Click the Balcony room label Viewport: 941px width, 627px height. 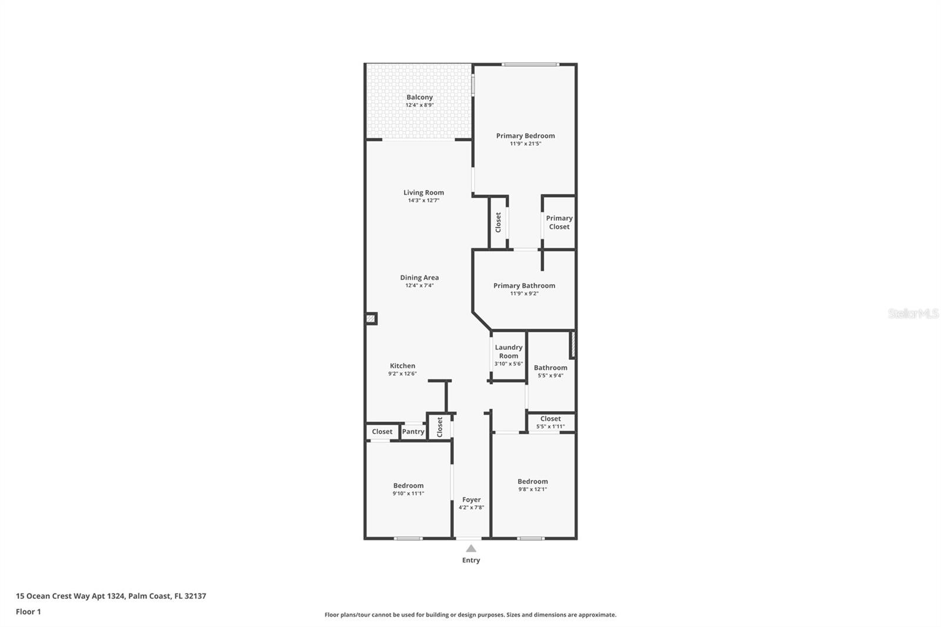(419, 98)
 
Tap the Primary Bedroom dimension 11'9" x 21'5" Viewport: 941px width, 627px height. (525, 144)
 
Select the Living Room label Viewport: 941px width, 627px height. (423, 192)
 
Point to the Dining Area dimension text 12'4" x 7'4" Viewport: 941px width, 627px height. (419, 286)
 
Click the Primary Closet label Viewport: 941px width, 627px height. (559, 222)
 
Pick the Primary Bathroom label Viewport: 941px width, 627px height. (524, 286)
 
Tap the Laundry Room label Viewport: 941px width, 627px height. (508, 351)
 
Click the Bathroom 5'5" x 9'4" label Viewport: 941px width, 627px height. (550, 368)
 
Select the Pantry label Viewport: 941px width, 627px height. (413, 432)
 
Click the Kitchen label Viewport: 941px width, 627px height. (402, 366)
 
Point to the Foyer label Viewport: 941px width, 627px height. (471, 500)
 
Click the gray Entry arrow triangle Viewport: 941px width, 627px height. (471, 548)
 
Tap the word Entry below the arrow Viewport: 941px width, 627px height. (471, 561)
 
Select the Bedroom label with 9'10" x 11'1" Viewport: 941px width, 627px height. (408, 486)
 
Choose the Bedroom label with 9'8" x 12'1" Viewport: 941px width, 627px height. (532, 482)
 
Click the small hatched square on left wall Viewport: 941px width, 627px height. (371, 319)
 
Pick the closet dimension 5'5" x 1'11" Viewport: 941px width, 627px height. (550, 426)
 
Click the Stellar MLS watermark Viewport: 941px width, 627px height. (913, 313)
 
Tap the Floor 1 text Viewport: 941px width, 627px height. (28, 612)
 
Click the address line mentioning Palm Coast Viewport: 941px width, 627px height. (111, 596)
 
